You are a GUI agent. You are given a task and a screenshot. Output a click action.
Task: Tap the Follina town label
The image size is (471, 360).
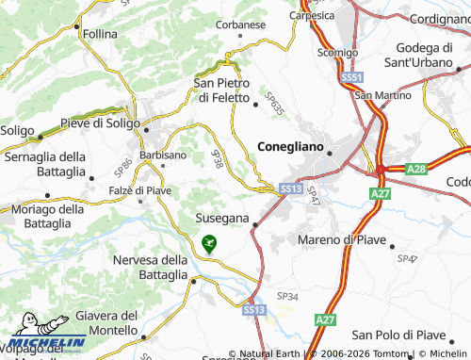click(99, 34)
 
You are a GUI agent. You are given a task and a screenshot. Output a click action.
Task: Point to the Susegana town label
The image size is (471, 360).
click(221, 218)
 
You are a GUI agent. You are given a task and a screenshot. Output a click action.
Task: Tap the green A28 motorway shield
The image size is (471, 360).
click(417, 169)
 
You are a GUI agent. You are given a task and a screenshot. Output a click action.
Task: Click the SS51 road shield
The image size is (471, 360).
click(352, 77)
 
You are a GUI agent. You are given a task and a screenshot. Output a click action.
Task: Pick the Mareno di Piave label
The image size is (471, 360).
click(342, 240)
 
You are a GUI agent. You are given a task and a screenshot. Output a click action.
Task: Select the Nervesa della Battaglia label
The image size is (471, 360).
click(150, 268)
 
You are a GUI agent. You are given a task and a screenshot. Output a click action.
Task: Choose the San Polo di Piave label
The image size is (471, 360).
click(398, 335)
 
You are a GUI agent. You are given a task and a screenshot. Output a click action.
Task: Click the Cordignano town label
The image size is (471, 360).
click(440, 18)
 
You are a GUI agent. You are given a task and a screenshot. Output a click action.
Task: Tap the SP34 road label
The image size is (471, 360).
click(288, 297)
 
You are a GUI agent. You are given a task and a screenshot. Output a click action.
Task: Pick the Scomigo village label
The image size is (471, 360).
click(337, 53)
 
